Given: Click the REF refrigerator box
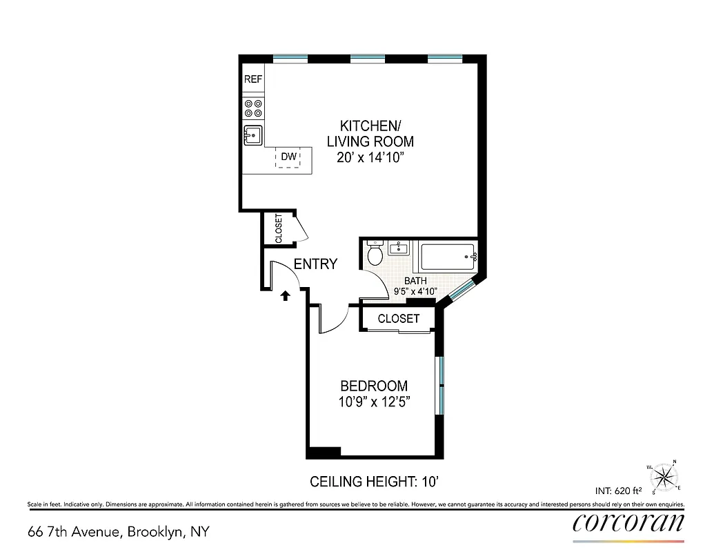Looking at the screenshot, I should (x=253, y=79).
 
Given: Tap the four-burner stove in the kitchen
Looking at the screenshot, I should (x=253, y=108).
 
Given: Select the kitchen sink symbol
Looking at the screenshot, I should (x=253, y=135).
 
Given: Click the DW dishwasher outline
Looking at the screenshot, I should (x=288, y=157).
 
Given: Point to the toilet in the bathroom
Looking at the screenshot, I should (x=375, y=254).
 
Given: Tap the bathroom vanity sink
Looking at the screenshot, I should (x=399, y=248).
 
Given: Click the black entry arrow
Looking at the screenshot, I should (x=284, y=296).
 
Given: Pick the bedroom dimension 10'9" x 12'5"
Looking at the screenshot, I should (x=375, y=402).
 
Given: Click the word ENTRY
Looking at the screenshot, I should (x=315, y=264).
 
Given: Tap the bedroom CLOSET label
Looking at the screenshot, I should (x=399, y=318).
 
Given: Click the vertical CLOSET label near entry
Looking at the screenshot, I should (x=279, y=228).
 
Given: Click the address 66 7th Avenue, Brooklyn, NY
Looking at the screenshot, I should (x=118, y=532).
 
